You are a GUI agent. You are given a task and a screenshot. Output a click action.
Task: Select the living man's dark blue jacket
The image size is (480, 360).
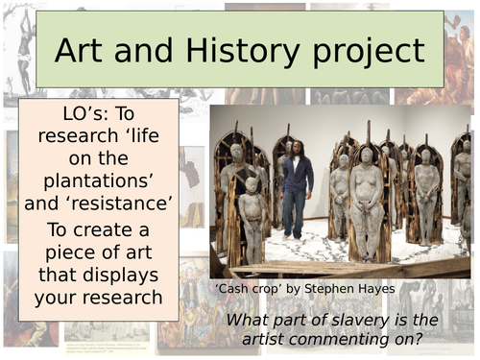tap(296, 174)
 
